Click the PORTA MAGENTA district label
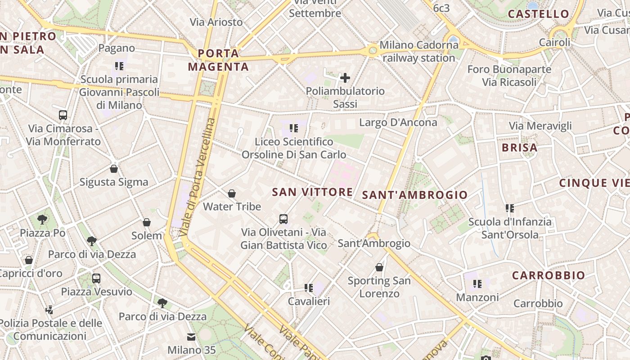218,60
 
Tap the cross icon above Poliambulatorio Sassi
345,78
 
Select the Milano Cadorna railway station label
418,51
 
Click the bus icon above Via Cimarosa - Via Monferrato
63,115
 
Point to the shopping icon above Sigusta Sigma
114,169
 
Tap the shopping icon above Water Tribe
232,193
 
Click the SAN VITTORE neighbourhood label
312,192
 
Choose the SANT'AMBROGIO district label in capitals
415,195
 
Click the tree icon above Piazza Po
42,220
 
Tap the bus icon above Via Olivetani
283,219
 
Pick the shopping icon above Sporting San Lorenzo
379,267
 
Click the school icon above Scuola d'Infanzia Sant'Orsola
510,208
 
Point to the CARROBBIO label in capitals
549,275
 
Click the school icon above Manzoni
477,284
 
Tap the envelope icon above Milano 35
192,337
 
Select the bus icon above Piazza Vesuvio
96,278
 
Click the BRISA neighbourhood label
519,148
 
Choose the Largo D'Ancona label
398,122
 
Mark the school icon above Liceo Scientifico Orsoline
294,128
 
